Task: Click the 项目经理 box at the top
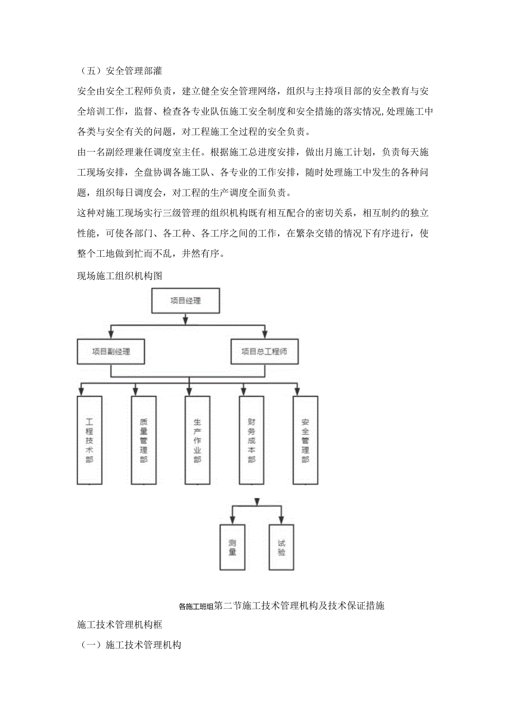tap(185, 300)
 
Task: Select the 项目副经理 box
tap(111, 352)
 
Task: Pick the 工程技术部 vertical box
tap(90, 440)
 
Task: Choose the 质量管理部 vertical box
tap(143, 440)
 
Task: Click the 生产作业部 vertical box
tap(197, 440)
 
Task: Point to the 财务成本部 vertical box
tap(251, 440)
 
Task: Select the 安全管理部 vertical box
tap(305, 440)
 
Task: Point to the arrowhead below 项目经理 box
tap(185, 320)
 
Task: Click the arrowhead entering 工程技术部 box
tap(82, 389)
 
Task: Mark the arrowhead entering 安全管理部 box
tap(297, 389)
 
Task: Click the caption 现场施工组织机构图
tap(119, 275)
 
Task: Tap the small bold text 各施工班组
tap(195, 606)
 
